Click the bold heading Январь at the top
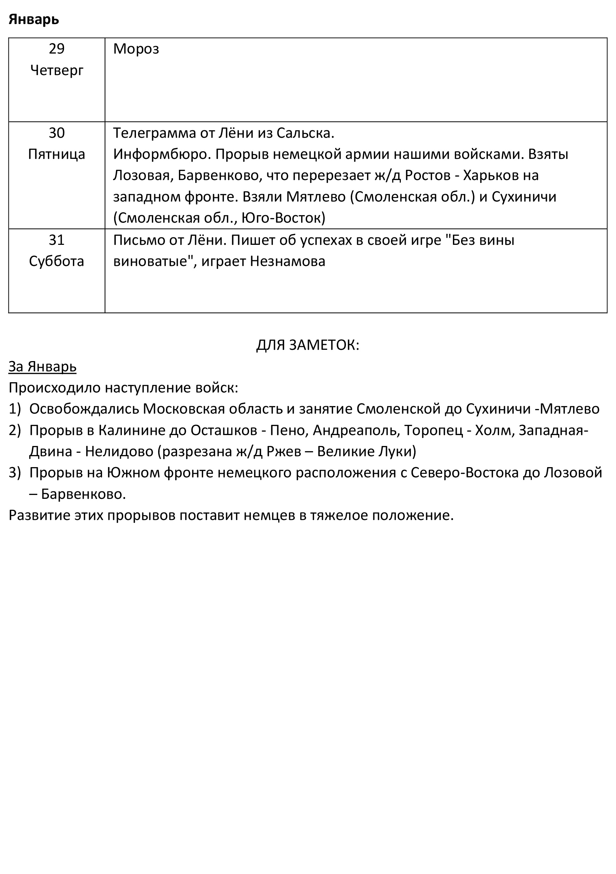coord(34,19)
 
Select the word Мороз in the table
coord(136,49)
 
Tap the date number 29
coord(57,49)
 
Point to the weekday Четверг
coord(57,70)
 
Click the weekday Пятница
coord(57,154)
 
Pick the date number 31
coord(57,240)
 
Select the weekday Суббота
coord(57,261)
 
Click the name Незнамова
coord(287,261)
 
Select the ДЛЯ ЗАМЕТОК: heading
coord(307,345)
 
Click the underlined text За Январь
coord(43,367)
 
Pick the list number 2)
coord(15,430)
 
